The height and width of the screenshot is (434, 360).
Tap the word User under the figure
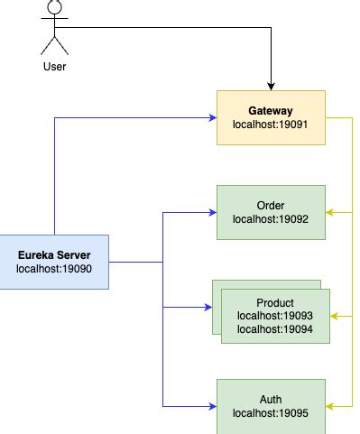point(54,67)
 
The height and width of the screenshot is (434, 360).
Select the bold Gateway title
point(271,110)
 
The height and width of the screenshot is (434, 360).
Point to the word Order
point(271,206)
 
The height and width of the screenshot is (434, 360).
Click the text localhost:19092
point(271,219)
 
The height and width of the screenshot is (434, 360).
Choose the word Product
point(275,302)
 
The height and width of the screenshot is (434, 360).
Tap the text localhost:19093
point(275,316)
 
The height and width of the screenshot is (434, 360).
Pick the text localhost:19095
point(271,413)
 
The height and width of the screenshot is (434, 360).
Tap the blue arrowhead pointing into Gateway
point(212,117)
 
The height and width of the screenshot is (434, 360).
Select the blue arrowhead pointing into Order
point(212,213)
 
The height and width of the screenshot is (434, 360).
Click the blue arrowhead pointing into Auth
point(212,406)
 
